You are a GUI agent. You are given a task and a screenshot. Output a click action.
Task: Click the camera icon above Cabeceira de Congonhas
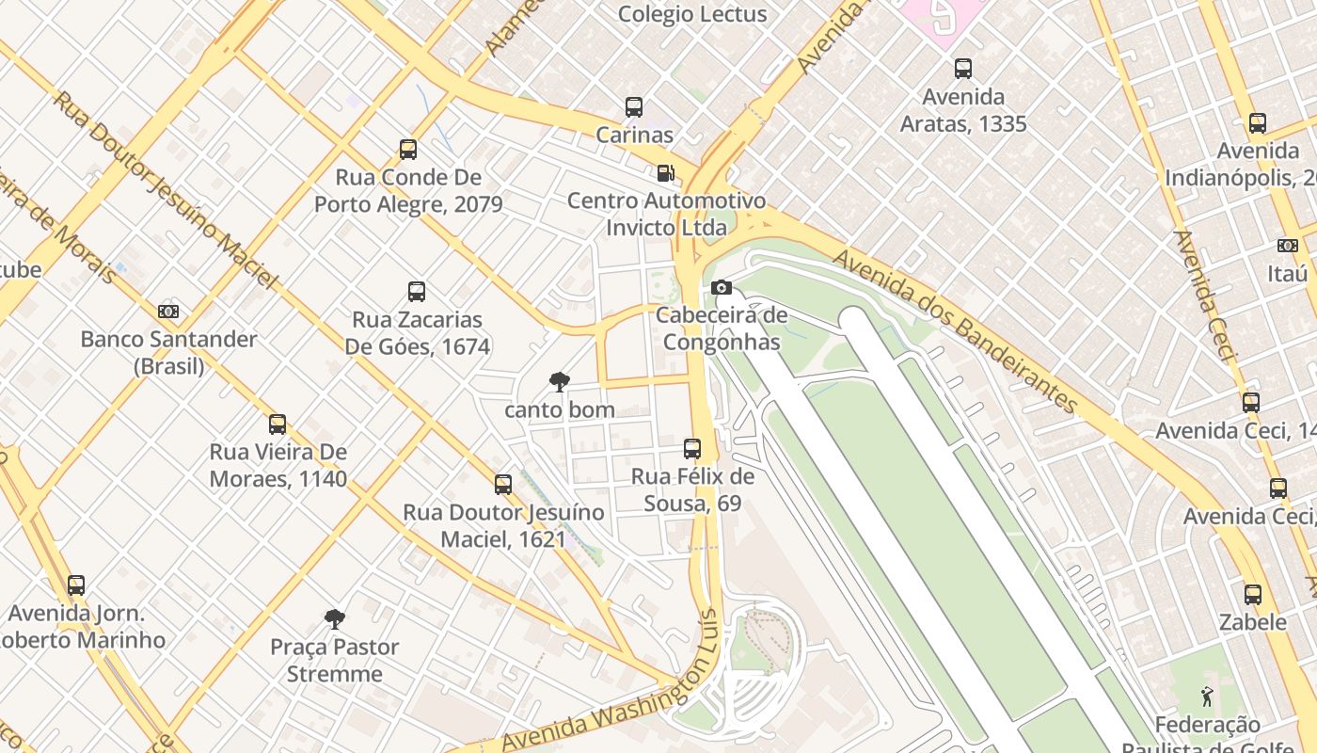tap(722, 287)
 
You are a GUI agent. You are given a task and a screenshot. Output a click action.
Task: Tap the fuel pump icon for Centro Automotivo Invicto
tap(665, 172)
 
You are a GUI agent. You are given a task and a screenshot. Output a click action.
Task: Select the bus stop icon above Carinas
tap(634, 107)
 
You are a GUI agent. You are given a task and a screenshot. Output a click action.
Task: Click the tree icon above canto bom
tap(560, 381)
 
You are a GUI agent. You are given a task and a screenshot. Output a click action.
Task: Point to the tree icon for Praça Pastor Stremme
tap(334, 618)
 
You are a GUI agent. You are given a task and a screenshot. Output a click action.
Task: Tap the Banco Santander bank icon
tap(168, 311)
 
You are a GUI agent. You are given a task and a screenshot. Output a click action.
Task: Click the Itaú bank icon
tap(1288, 246)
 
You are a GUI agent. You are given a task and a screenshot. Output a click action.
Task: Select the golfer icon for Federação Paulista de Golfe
tap(1207, 697)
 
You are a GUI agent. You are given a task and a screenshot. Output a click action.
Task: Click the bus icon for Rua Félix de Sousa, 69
tap(692, 448)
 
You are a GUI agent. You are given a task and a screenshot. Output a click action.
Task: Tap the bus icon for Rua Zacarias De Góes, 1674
tap(417, 292)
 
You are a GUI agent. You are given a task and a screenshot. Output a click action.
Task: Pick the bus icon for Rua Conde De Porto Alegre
tap(408, 149)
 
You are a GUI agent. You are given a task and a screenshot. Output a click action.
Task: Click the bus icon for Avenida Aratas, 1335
tap(963, 68)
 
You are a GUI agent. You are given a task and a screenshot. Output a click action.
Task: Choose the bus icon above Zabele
tap(1253, 594)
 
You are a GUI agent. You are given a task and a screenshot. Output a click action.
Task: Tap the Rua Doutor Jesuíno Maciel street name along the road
tap(165, 189)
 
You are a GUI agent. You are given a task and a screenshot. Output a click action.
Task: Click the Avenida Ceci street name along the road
tap(1203, 296)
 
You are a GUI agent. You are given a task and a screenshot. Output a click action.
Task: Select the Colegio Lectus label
tap(692, 14)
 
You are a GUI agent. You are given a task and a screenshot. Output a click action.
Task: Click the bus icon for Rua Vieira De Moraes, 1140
tap(278, 424)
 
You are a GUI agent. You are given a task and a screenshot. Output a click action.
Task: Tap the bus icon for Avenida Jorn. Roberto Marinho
tap(76, 585)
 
